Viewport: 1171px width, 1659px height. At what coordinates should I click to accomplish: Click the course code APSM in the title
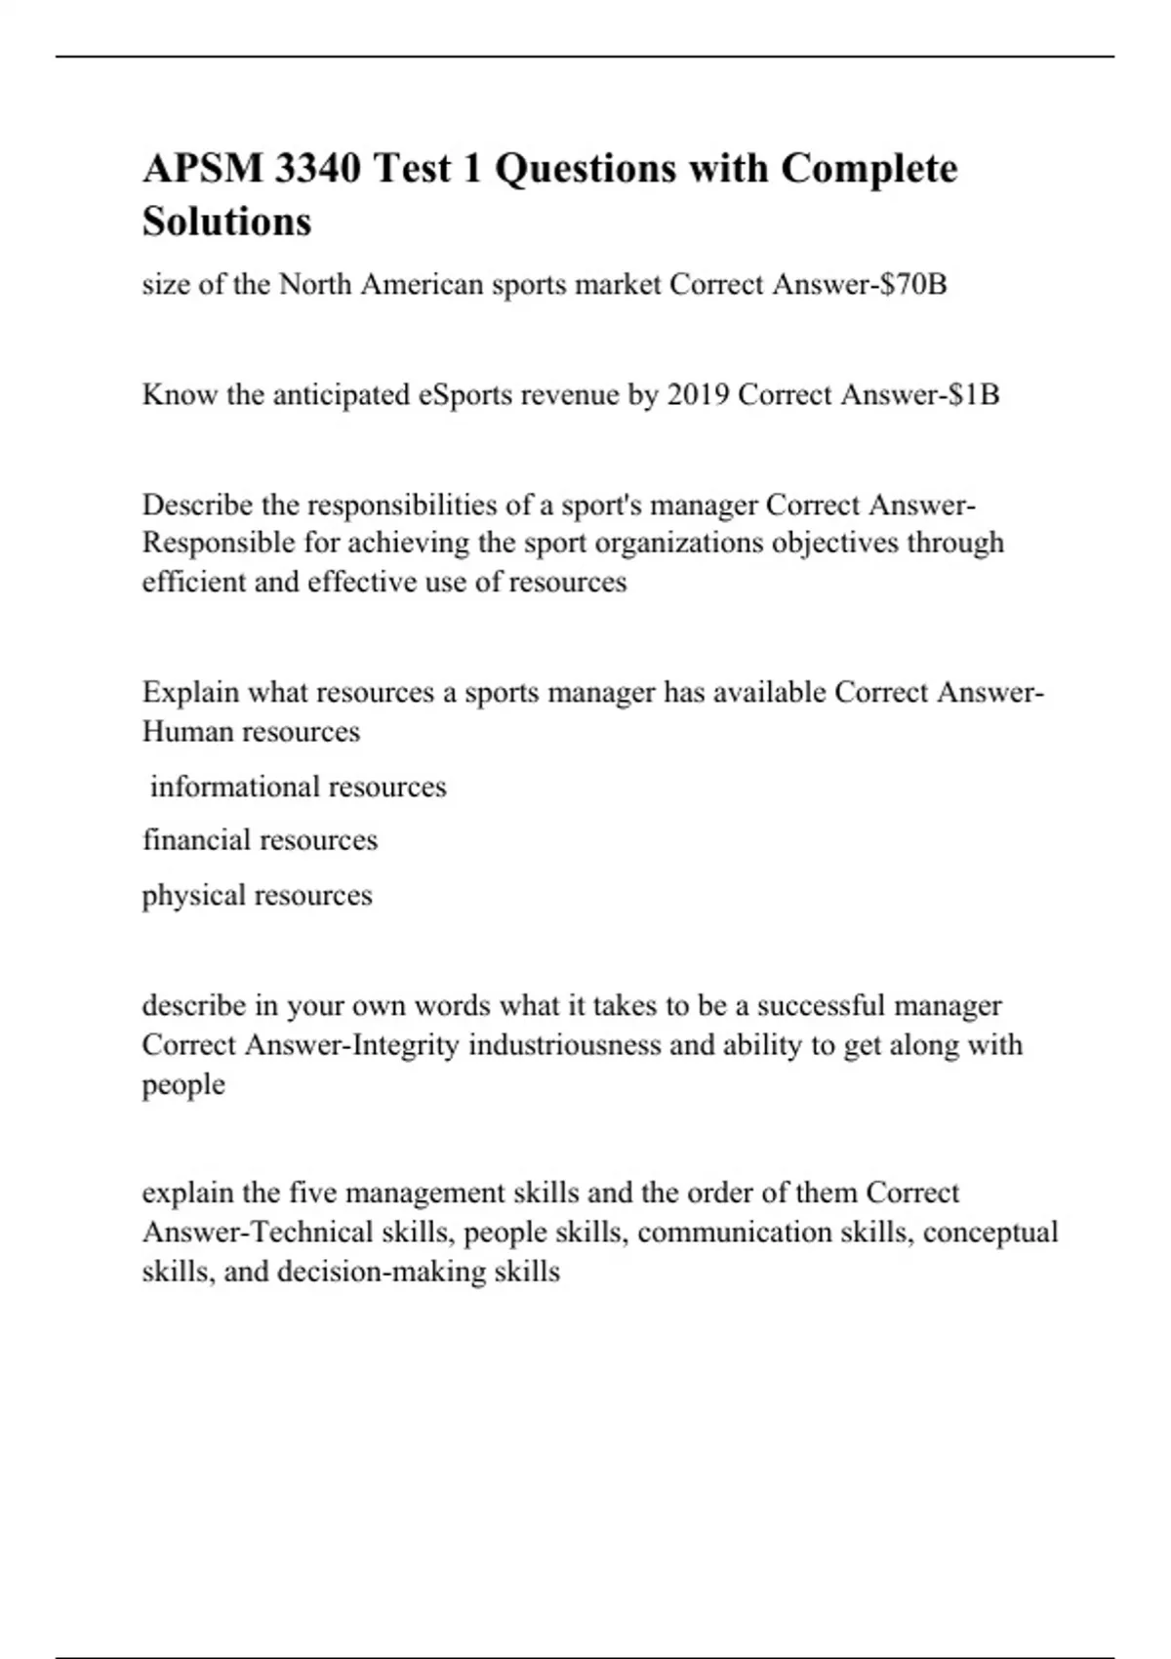(202, 169)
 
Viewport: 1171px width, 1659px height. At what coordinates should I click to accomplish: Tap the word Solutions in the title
(227, 222)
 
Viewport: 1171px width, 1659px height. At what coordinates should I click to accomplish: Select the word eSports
(465, 395)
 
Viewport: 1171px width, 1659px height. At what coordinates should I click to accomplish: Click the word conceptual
(989, 1233)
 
